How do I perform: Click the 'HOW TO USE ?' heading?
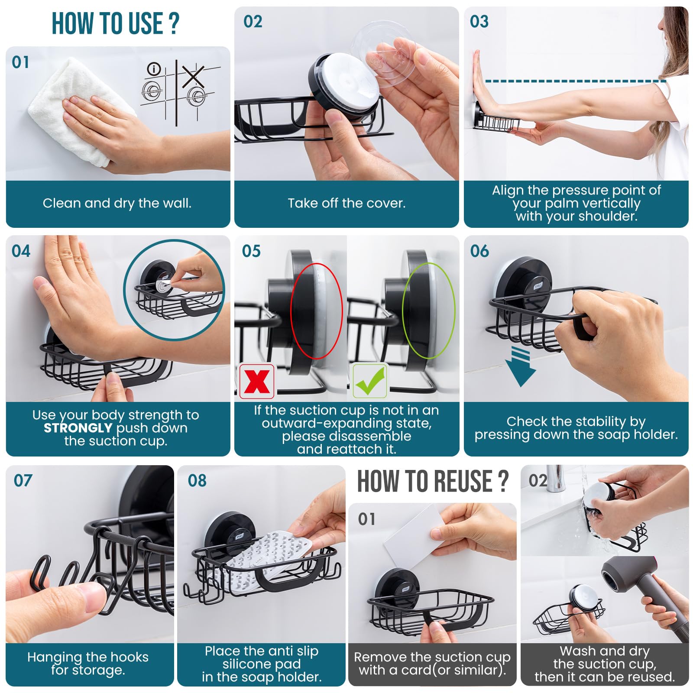(115, 23)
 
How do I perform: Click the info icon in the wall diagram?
(154, 68)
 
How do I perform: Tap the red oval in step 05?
(316, 311)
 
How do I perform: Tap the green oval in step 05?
(428, 311)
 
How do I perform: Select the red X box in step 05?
(257, 381)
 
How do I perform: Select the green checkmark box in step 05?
(369, 381)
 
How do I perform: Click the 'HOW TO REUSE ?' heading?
(432, 481)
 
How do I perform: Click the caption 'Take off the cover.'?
(346, 203)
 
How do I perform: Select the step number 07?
(23, 480)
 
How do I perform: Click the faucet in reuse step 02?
(554, 479)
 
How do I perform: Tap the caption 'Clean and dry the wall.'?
(117, 203)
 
